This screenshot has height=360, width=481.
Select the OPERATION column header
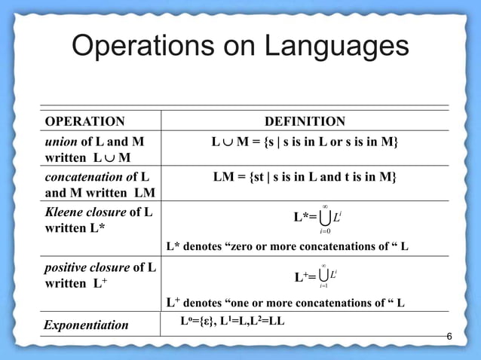click(85, 122)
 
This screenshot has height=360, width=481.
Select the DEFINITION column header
click(305, 122)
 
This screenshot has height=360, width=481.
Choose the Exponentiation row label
click(86, 325)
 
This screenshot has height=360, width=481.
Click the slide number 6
click(449, 336)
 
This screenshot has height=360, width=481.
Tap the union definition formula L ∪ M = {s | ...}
click(305, 142)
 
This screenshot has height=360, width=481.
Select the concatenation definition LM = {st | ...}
click(305, 178)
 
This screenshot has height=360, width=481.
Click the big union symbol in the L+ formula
click(323, 276)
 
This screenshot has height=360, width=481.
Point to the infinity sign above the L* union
click(324, 206)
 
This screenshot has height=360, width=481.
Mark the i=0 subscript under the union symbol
click(324, 233)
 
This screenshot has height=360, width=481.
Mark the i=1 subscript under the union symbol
click(323, 287)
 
